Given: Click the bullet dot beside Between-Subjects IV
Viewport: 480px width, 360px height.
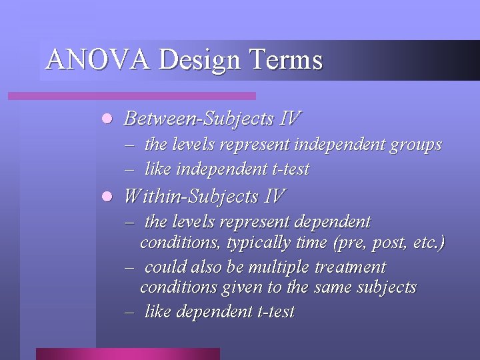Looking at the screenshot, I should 105,119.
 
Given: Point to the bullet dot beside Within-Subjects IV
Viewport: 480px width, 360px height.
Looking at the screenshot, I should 105,197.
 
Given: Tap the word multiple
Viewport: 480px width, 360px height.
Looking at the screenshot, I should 283,267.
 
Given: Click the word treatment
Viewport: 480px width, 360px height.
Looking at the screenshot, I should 351,267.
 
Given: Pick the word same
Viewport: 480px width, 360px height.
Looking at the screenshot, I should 340,287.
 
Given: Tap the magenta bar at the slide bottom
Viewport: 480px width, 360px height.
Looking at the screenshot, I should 127,353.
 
